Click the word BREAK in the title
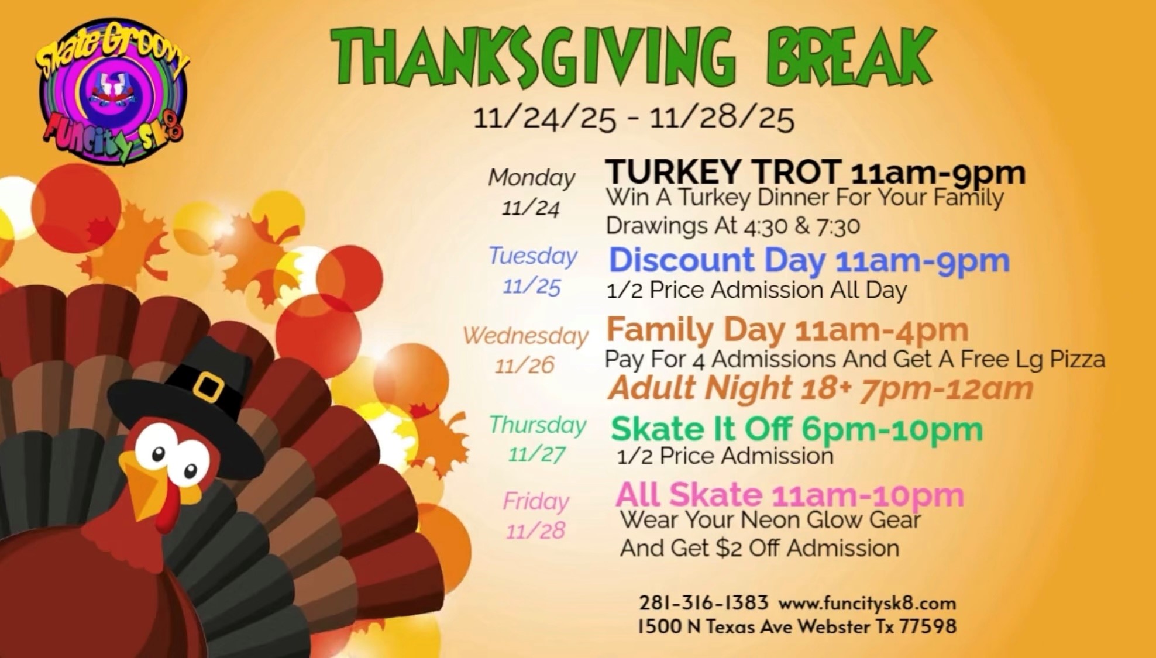coord(851,57)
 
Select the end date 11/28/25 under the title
coord(722,118)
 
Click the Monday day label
coord(532,178)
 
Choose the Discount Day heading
coord(717,260)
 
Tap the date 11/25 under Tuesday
coord(532,287)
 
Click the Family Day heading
coord(696,330)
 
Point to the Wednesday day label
coord(525,336)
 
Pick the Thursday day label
coord(538,425)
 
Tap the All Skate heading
coord(689,495)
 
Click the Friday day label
coord(536,502)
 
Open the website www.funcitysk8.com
coord(867,603)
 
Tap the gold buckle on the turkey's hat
coord(208,387)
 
